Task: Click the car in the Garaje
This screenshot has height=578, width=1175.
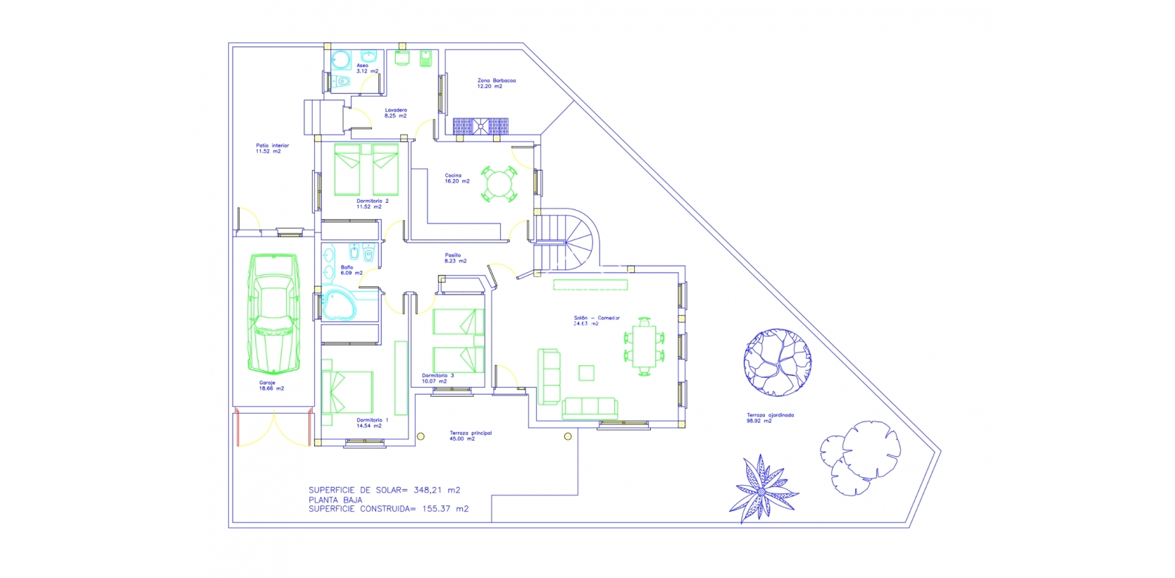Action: click(273, 315)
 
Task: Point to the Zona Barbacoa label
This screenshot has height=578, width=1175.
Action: click(496, 83)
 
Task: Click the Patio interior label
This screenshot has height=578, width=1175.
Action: click(272, 148)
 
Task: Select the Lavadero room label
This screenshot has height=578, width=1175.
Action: click(396, 113)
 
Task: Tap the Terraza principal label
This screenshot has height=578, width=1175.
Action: click(471, 436)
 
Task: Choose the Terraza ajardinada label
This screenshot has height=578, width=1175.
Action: click(770, 418)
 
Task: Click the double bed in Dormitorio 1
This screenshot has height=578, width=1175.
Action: click(347, 393)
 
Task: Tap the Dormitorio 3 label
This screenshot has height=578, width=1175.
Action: click(437, 379)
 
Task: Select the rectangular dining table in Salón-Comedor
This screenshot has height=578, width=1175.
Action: click(644, 345)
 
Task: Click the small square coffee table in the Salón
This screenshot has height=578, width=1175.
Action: click(585, 372)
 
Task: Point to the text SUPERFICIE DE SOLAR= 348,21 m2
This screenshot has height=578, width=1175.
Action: click(385, 490)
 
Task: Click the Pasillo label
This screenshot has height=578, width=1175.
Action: click(452, 258)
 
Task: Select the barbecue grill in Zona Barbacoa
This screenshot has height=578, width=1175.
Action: click(480, 126)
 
